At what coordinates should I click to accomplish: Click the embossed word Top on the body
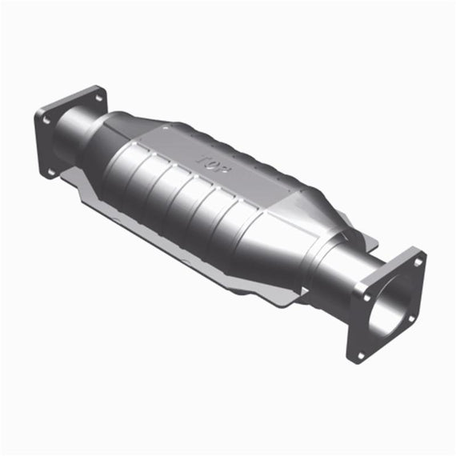[x=214, y=165]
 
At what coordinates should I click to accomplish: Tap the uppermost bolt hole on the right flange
[x=418, y=262]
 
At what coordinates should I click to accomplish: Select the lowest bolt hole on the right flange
[x=360, y=355]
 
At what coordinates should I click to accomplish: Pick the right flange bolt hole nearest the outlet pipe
[x=366, y=298]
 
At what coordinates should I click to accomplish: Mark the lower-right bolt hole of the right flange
[x=411, y=319]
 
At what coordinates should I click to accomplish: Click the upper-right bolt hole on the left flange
[x=98, y=98]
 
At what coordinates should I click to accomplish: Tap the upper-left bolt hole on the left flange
[x=46, y=119]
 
